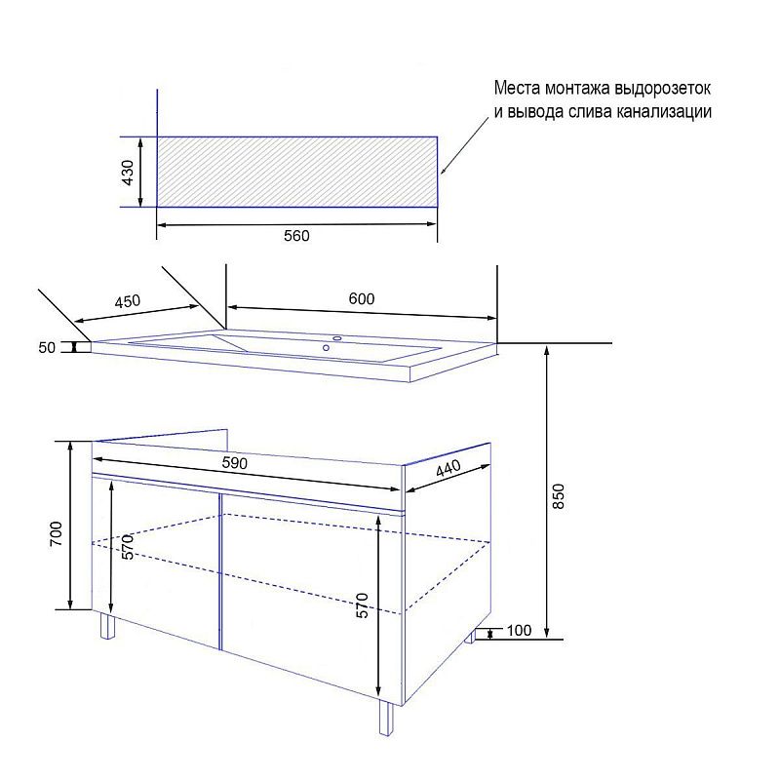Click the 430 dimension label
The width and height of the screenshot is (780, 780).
(x=128, y=173)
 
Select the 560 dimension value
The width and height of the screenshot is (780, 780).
(x=296, y=235)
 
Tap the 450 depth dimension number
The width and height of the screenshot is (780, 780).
(x=128, y=301)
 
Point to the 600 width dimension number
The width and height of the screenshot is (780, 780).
(x=361, y=298)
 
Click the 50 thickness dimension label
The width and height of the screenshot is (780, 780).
(x=47, y=348)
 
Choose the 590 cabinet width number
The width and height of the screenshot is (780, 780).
(x=234, y=463)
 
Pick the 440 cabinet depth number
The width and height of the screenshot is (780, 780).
(x=448, y=468)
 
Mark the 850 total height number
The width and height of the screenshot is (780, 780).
(x=558, y=496)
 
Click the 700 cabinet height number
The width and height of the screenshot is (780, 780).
(x=57, y=533)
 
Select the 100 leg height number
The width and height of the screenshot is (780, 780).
(x=519, y=630)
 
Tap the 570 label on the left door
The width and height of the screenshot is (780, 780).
(x=128, y=547)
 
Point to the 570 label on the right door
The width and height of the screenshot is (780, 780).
(x=363, y=605)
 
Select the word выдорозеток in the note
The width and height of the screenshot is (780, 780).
(x=663, y=89)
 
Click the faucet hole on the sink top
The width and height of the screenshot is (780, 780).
(x=337, y=338)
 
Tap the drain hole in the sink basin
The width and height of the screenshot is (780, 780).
(x=326, y=348)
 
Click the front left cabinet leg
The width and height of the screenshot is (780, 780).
(x=107, y=625)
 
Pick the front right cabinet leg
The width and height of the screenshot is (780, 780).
(x=385, y=717)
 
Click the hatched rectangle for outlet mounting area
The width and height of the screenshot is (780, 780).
(x=297, y=172)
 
